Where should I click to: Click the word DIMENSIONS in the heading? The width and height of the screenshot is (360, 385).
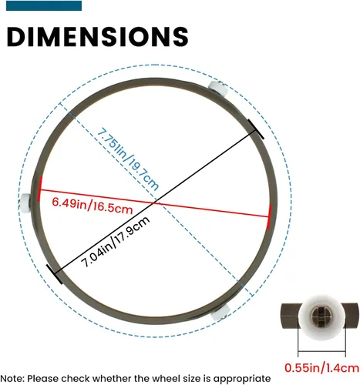click(x=97, y=36)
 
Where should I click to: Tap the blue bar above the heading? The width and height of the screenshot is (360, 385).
click(x=44, y=5)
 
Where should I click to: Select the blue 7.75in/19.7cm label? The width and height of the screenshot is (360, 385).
click(x=128, y=159)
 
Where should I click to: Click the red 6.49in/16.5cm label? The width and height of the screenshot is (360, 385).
click(x=93, y=206)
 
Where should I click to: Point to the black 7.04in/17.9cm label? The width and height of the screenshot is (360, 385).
click(x=115, y=242)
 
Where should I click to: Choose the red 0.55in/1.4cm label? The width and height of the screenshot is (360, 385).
click(x=321, y=368)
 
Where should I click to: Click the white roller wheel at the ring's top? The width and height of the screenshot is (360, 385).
click(x=217, y=89)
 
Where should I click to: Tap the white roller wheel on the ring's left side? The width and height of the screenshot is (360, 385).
click(x=25, y=203)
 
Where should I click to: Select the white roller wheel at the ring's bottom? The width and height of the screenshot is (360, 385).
click(x=220, y=312)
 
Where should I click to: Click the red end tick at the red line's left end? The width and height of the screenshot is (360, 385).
click(x=39, y=189)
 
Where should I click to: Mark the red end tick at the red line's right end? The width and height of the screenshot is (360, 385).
click(x=269, y=217)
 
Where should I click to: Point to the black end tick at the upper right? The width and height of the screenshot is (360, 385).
click(x=256, y=129)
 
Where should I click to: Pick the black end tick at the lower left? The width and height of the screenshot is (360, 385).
click(x=54, y=274)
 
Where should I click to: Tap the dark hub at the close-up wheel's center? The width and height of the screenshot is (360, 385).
click(x=318, y=315)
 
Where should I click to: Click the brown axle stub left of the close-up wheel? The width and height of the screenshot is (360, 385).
click(x=291, y=316)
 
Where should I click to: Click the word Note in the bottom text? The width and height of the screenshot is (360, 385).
click(x=12, y=379)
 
